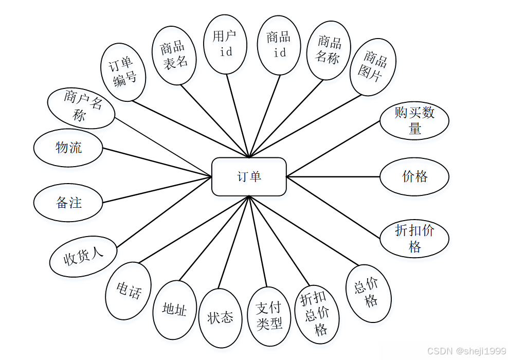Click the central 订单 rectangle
pos(249,176)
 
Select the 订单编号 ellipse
pos(123,72)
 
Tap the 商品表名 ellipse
pos(175,55)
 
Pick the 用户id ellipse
pos(225,44)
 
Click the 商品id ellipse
pos(279,45)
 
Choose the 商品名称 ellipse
pos(329,50)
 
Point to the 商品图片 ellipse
pos(374,67)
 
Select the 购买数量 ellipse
pos(414,121)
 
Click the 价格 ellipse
pos(414,176)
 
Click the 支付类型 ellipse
pos(269,316)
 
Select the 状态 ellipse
pos(221,318)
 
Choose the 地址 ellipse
pos(175,310)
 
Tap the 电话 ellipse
pos(128,291)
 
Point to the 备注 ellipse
pos(68,203)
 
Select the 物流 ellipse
pos(68,148)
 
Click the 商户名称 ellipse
pos(81,107)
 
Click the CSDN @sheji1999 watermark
pos(466,351)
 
